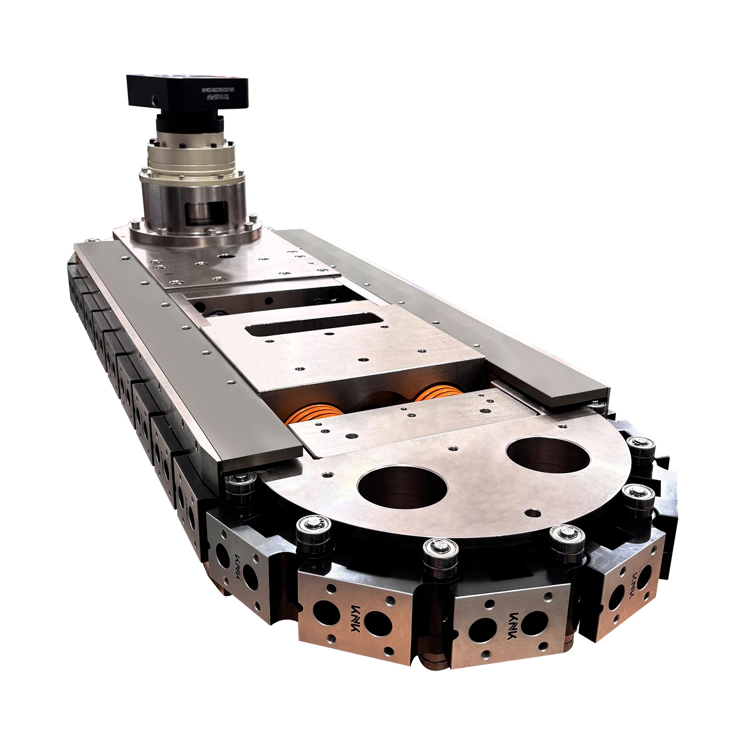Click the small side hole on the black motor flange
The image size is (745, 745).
click(x=154, y=99)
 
